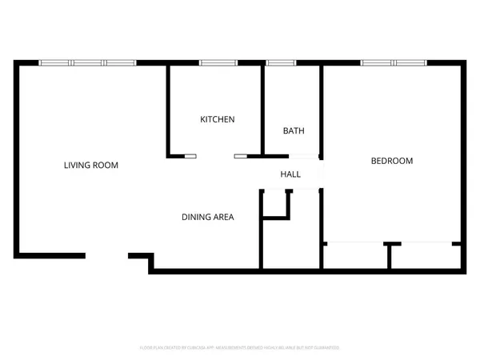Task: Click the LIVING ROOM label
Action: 91,166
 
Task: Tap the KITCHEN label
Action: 217,119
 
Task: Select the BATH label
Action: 294,131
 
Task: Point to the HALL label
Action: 290,174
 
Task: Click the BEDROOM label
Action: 392,161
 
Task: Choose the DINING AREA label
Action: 207,216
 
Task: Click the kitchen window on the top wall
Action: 218,62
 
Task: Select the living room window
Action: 88,62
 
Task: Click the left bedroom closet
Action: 355,256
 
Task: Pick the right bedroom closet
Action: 426,256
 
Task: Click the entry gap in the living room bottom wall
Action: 107,256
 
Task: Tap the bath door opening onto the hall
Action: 293,156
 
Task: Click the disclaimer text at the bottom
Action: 240,348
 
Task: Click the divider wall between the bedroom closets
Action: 389,256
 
